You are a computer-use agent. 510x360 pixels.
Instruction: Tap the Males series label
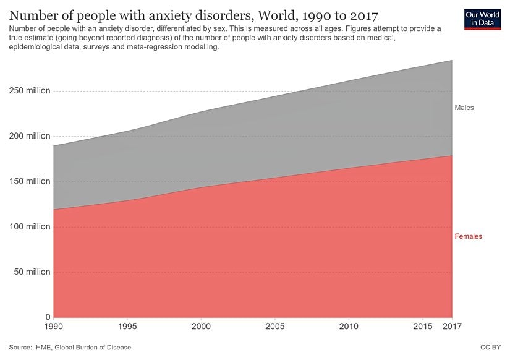point(464,108)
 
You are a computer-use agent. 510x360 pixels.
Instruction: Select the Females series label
point(468,236)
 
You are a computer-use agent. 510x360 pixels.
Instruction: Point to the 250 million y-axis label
point(29,91)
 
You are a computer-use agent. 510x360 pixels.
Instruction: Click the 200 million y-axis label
point(29,136)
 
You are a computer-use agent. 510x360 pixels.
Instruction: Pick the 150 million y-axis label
point(29,181)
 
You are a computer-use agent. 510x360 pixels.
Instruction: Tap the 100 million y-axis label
point(29,226)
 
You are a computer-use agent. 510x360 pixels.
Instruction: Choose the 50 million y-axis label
point(32,272)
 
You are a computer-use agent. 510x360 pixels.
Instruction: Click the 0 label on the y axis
point(47,317)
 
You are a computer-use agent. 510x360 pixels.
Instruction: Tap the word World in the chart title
point(278,14)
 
